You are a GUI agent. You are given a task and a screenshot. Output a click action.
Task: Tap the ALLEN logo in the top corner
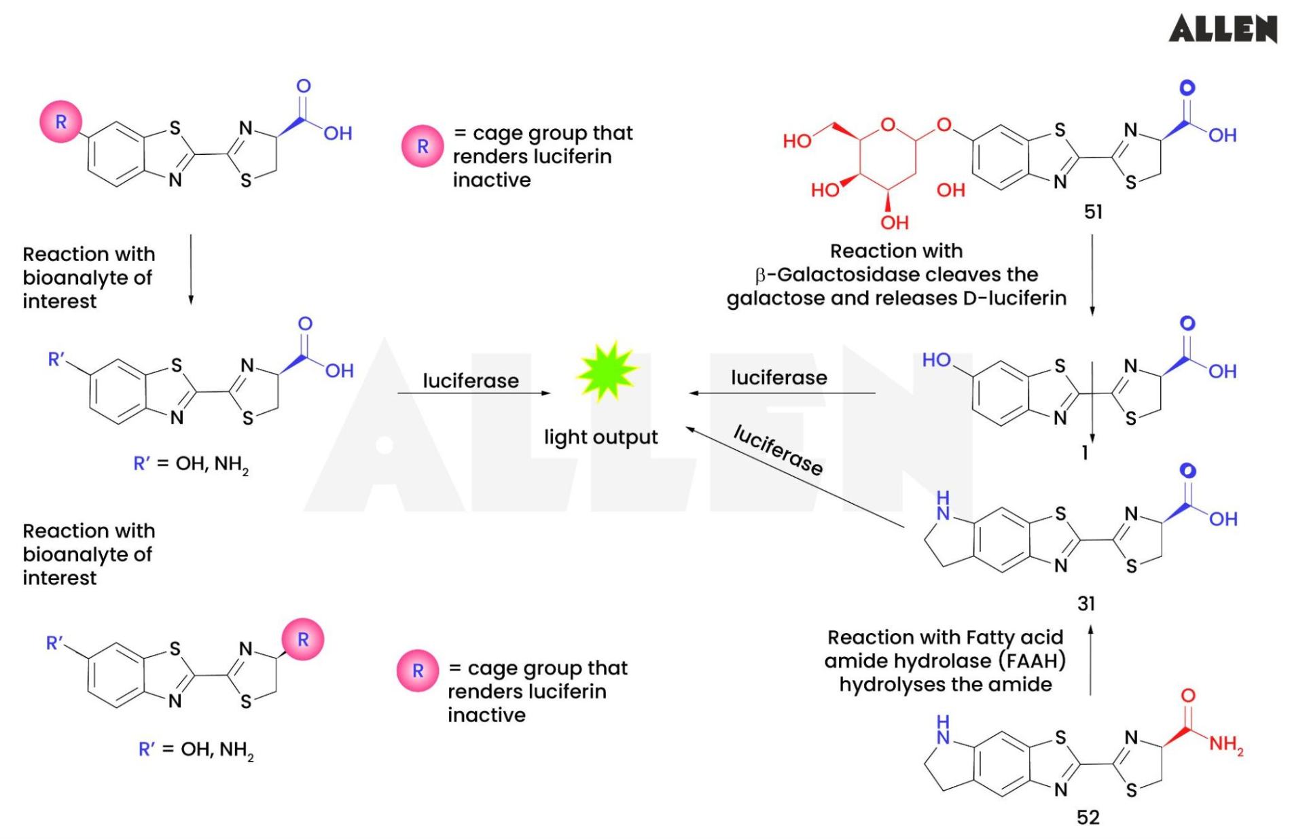pos(1222,29)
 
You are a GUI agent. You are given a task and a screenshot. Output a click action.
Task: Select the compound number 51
pos(1092,212)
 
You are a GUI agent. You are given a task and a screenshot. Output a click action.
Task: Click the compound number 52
pos(1088,817)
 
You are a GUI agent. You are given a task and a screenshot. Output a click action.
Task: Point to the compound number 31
pos(1086,603)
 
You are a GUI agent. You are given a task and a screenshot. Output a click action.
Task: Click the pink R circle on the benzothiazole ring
pos(61,122)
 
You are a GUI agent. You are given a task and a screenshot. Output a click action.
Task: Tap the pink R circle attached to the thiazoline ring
pos(303,639)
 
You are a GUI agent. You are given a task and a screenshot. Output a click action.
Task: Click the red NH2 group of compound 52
pos(1226,745)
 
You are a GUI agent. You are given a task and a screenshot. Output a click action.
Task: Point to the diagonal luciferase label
pos(778,450)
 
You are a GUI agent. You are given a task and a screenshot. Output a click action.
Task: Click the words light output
pos(601,437)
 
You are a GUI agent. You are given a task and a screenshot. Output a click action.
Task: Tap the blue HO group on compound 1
pos(936,359)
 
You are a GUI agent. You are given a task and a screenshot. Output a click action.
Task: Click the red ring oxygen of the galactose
pos(888,124)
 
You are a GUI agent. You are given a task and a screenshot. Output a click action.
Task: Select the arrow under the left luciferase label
pos(473,393)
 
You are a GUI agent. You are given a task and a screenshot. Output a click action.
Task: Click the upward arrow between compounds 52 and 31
pos(1090,659)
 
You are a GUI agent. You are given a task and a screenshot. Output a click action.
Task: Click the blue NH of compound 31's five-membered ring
pos(943,506)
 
